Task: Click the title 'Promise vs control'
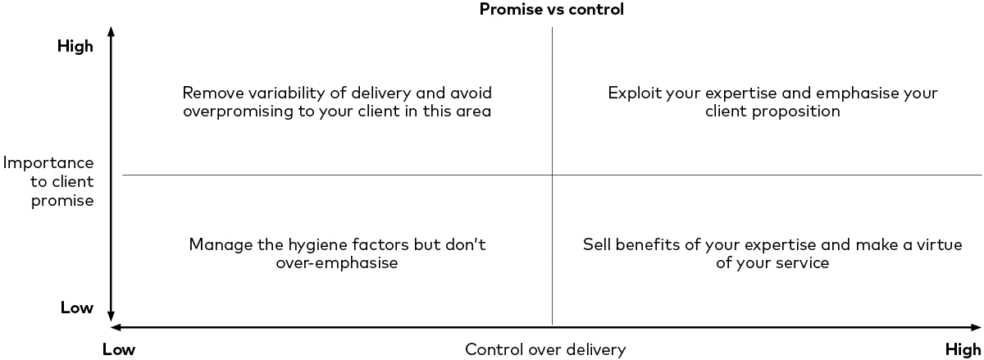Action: tap(551, 10)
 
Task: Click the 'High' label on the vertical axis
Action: tap(75, 47)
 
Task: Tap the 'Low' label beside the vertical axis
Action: tap(76, 308)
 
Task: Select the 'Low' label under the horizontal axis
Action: tap(118, 350)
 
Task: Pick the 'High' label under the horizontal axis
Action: tap(963, 350)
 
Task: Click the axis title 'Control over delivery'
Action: tap(545, 350)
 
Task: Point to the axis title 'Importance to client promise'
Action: tap(49, 181)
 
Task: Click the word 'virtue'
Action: tap(939, 244)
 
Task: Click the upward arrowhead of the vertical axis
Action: tap(112, 31)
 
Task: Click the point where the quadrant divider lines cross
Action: tap(552, 175)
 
